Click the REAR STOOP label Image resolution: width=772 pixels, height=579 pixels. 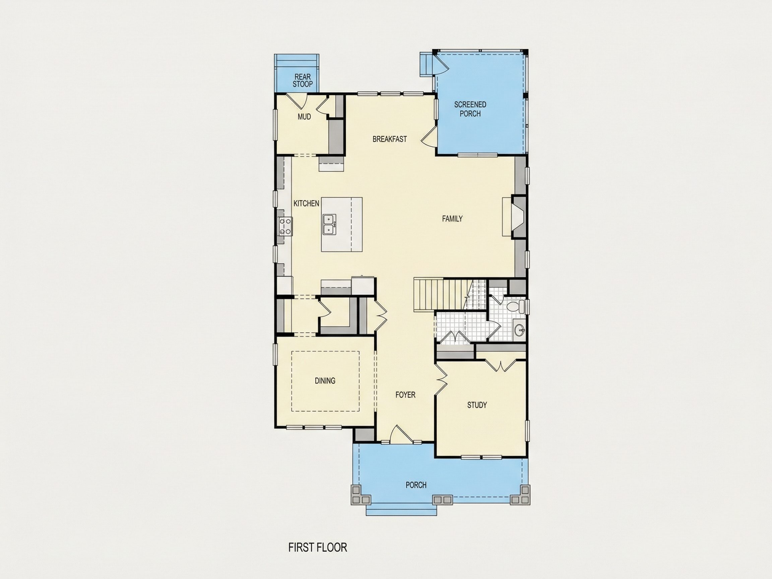(303, 80)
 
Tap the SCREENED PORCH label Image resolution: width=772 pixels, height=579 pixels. (470, 109)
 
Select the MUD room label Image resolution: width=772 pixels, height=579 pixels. (304, 117)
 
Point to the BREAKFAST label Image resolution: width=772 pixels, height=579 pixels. (389, 139)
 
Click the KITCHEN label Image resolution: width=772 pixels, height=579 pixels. (306, 203)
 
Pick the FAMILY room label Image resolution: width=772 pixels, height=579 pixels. (452, 218)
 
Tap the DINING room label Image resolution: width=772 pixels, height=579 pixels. (325, 380)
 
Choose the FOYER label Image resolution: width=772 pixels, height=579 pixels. (405, 395)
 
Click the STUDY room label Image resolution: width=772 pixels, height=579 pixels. (477, 405)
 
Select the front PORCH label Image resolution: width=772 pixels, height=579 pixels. (416, 485)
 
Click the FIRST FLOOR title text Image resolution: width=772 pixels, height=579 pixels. (318, 547)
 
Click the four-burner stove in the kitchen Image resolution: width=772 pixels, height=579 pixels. (285, 226)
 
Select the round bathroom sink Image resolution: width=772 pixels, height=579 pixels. (520, 329)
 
